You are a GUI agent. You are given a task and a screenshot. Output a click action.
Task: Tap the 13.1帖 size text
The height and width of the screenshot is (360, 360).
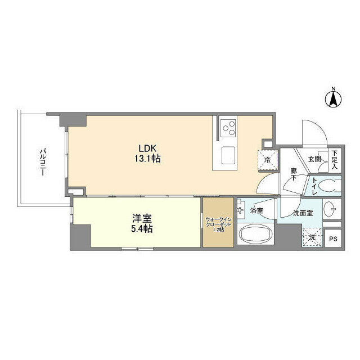point(147,159)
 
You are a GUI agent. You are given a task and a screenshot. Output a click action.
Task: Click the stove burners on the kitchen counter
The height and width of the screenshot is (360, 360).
point(228,128)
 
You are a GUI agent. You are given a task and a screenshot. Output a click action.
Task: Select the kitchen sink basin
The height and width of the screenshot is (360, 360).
point(228,154)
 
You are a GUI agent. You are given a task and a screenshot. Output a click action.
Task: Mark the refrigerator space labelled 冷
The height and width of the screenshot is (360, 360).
point(267,160)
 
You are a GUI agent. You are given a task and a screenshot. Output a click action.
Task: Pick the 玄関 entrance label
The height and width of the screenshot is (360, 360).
point(314,160)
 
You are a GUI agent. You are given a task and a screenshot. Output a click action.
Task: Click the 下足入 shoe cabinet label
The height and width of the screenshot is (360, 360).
point(334,160)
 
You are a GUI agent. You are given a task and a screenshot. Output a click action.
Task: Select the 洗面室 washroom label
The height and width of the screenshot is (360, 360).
point(303,213)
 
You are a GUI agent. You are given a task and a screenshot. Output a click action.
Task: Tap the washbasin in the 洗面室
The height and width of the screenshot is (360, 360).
point(331,209)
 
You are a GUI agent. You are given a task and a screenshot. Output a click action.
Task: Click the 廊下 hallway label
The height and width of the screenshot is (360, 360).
point(294,174)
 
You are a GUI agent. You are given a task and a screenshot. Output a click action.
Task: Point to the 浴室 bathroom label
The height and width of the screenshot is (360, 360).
point(257,211)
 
